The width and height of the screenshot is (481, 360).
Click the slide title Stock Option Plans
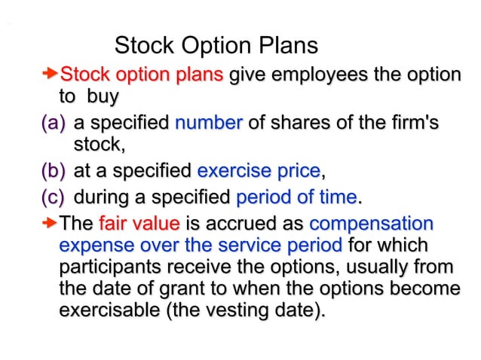(x=216, y=46)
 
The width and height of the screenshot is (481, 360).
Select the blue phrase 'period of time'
(x=296, y=198)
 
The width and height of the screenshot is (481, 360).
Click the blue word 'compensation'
(x=371, y=224)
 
